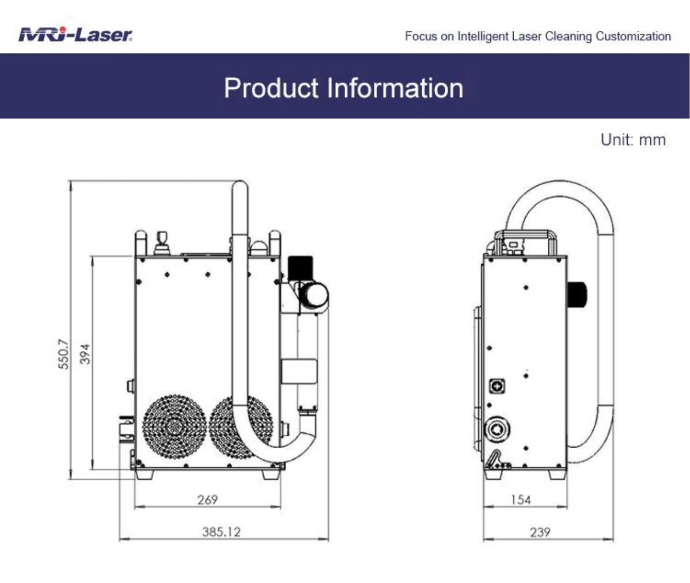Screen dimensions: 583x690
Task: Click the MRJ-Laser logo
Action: click(x=75, y=34)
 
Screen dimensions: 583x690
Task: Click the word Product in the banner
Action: click(x=271, y=88)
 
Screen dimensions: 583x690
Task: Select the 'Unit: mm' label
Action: click(x=633, y=140)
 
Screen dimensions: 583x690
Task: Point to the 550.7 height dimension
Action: click(x=64, y=354)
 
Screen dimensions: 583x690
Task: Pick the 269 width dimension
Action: click(x=207, y=499)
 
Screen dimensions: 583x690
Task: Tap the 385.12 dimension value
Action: click(x=221, y=532)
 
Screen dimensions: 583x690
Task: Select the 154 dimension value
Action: click(x=520, y=500)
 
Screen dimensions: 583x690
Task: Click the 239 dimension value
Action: click(x=540, y=532)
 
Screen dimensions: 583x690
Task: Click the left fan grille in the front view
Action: click(x=174, y=427)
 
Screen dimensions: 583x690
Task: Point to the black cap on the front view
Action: click(x=300, y=267)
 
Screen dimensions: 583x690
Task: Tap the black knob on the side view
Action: click(x=577, y=294)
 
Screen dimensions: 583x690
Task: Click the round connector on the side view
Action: click(x=497, y=429)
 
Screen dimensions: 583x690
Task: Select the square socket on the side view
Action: click(x=497, y=386)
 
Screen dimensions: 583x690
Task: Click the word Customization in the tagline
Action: click(x=633, y=36)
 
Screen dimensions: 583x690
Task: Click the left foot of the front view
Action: click(x=144, y=474)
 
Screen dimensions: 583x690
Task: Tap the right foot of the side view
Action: click(x=556, y=475)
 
